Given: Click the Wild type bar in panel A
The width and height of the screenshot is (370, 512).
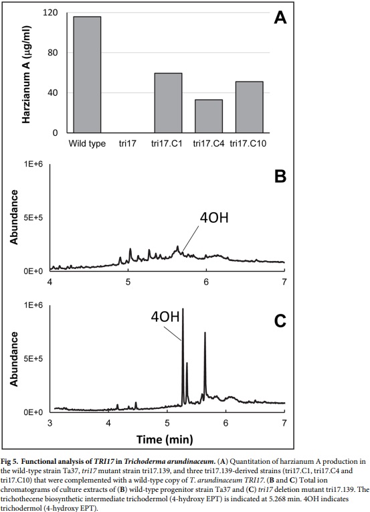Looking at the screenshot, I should click(88, 74).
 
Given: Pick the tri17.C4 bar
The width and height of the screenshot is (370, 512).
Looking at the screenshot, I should click(209, 116).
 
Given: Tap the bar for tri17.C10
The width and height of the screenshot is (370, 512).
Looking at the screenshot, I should click(249, 107).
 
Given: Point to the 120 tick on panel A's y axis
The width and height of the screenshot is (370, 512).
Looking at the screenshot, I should click(49, 13).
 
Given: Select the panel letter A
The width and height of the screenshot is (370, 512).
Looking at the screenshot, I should click(280, 18).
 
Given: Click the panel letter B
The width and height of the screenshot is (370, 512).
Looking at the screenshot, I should click(280, 178).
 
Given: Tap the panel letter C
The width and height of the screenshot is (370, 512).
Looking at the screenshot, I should click(279, 321).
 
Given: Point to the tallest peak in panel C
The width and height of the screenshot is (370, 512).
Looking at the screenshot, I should click(183, 311).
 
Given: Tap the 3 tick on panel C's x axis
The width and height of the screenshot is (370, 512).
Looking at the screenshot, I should click(50, 424).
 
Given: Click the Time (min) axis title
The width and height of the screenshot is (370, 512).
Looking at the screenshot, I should click(165, 440).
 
